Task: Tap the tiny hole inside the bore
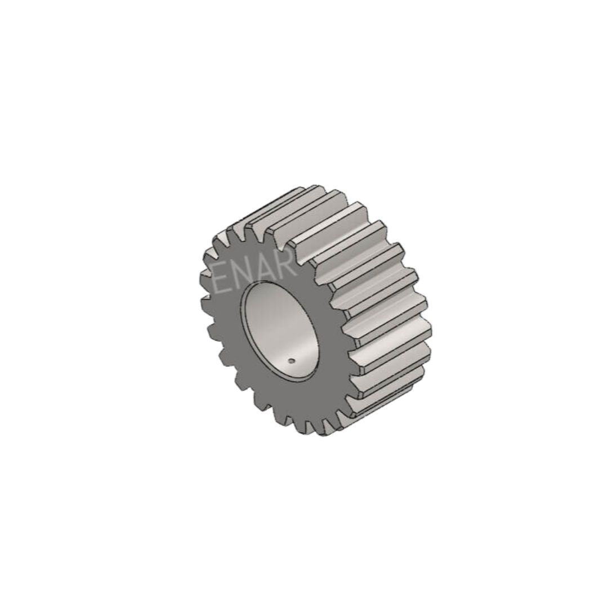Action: tap(292, 361)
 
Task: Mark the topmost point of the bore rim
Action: tap(271, 282)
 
